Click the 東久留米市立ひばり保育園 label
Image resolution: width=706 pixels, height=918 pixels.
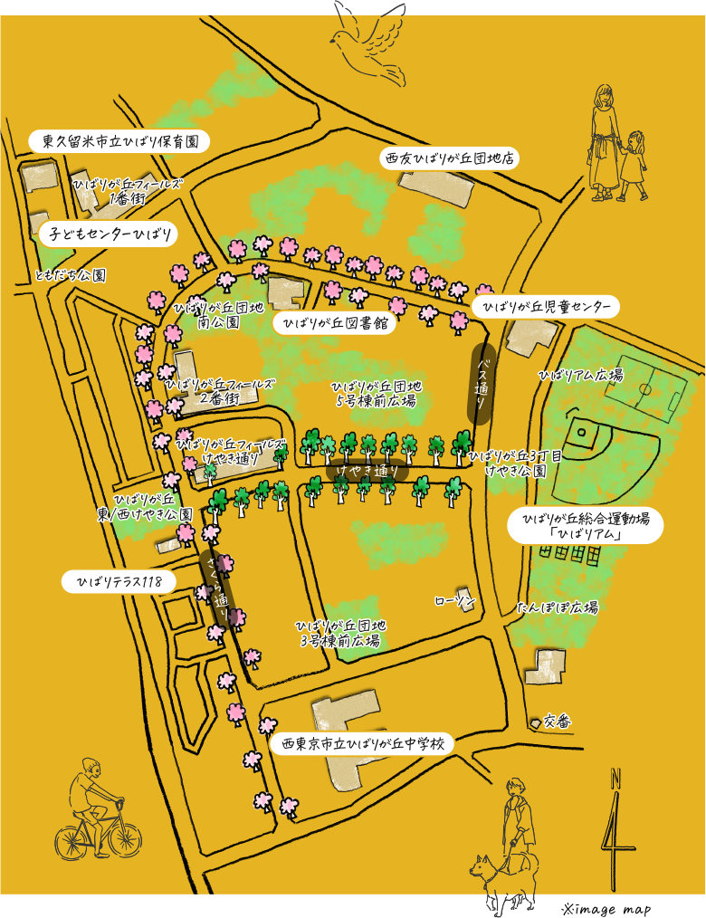119,141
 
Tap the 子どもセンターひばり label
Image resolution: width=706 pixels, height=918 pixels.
108,234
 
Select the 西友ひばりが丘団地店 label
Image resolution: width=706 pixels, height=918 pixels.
449,158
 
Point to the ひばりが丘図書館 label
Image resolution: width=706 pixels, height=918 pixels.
335,323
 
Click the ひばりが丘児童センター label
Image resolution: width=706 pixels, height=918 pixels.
546,307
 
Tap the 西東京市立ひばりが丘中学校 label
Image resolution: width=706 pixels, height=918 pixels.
362,744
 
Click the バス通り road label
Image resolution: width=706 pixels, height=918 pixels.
482,384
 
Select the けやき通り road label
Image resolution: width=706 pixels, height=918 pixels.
367,471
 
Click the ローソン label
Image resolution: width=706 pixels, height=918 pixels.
453,600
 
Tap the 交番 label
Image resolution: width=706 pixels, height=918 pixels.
557,722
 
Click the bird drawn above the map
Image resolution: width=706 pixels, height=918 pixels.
368,38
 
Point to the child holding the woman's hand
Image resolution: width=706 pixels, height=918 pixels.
633,163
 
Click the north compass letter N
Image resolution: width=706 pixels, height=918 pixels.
615,778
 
